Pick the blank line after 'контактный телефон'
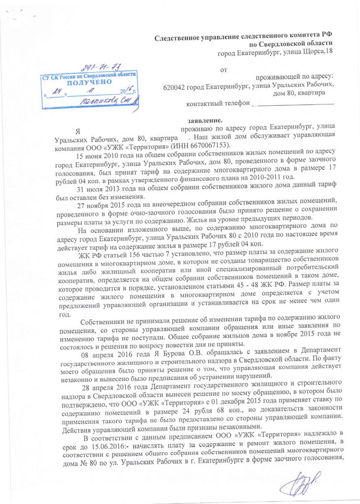click(x=293, y=103)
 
